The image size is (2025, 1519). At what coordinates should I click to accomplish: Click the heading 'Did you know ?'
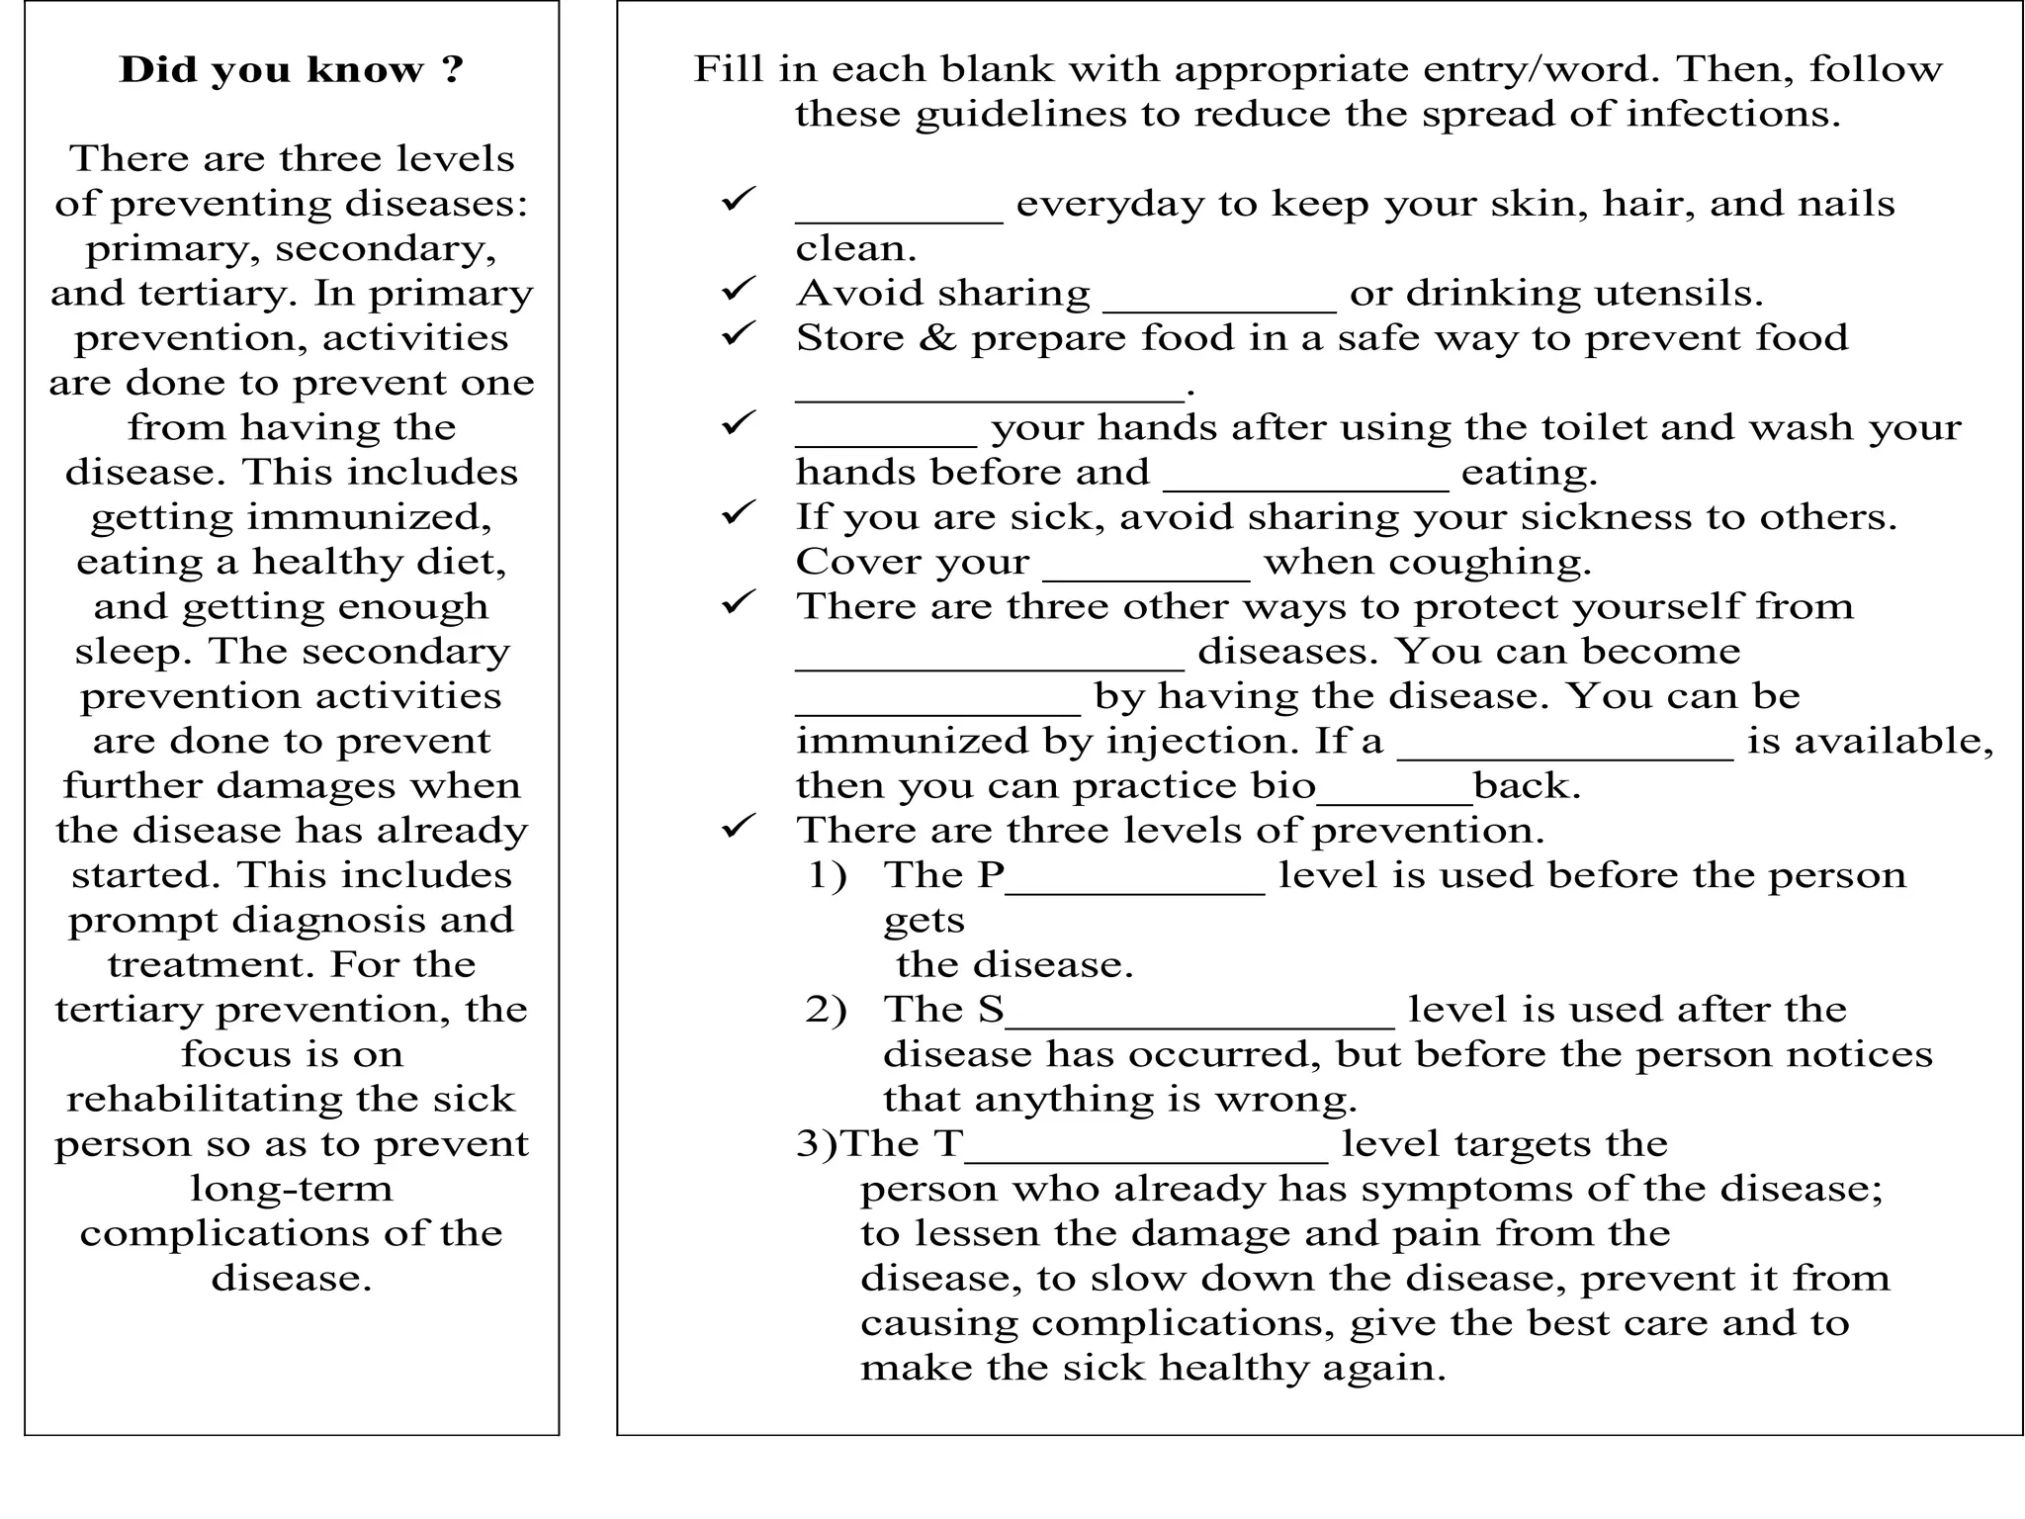tap(291, 70)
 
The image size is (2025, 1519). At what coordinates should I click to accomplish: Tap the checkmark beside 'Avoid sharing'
tap(738, 290)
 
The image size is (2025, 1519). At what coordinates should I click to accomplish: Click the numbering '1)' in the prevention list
tap(828, 875)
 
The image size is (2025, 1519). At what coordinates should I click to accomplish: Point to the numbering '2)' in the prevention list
tap(826, 1010)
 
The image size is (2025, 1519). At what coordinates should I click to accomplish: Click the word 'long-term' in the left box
tap(292, 1188)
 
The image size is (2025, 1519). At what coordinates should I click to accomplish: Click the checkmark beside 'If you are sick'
tap(738, 513)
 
